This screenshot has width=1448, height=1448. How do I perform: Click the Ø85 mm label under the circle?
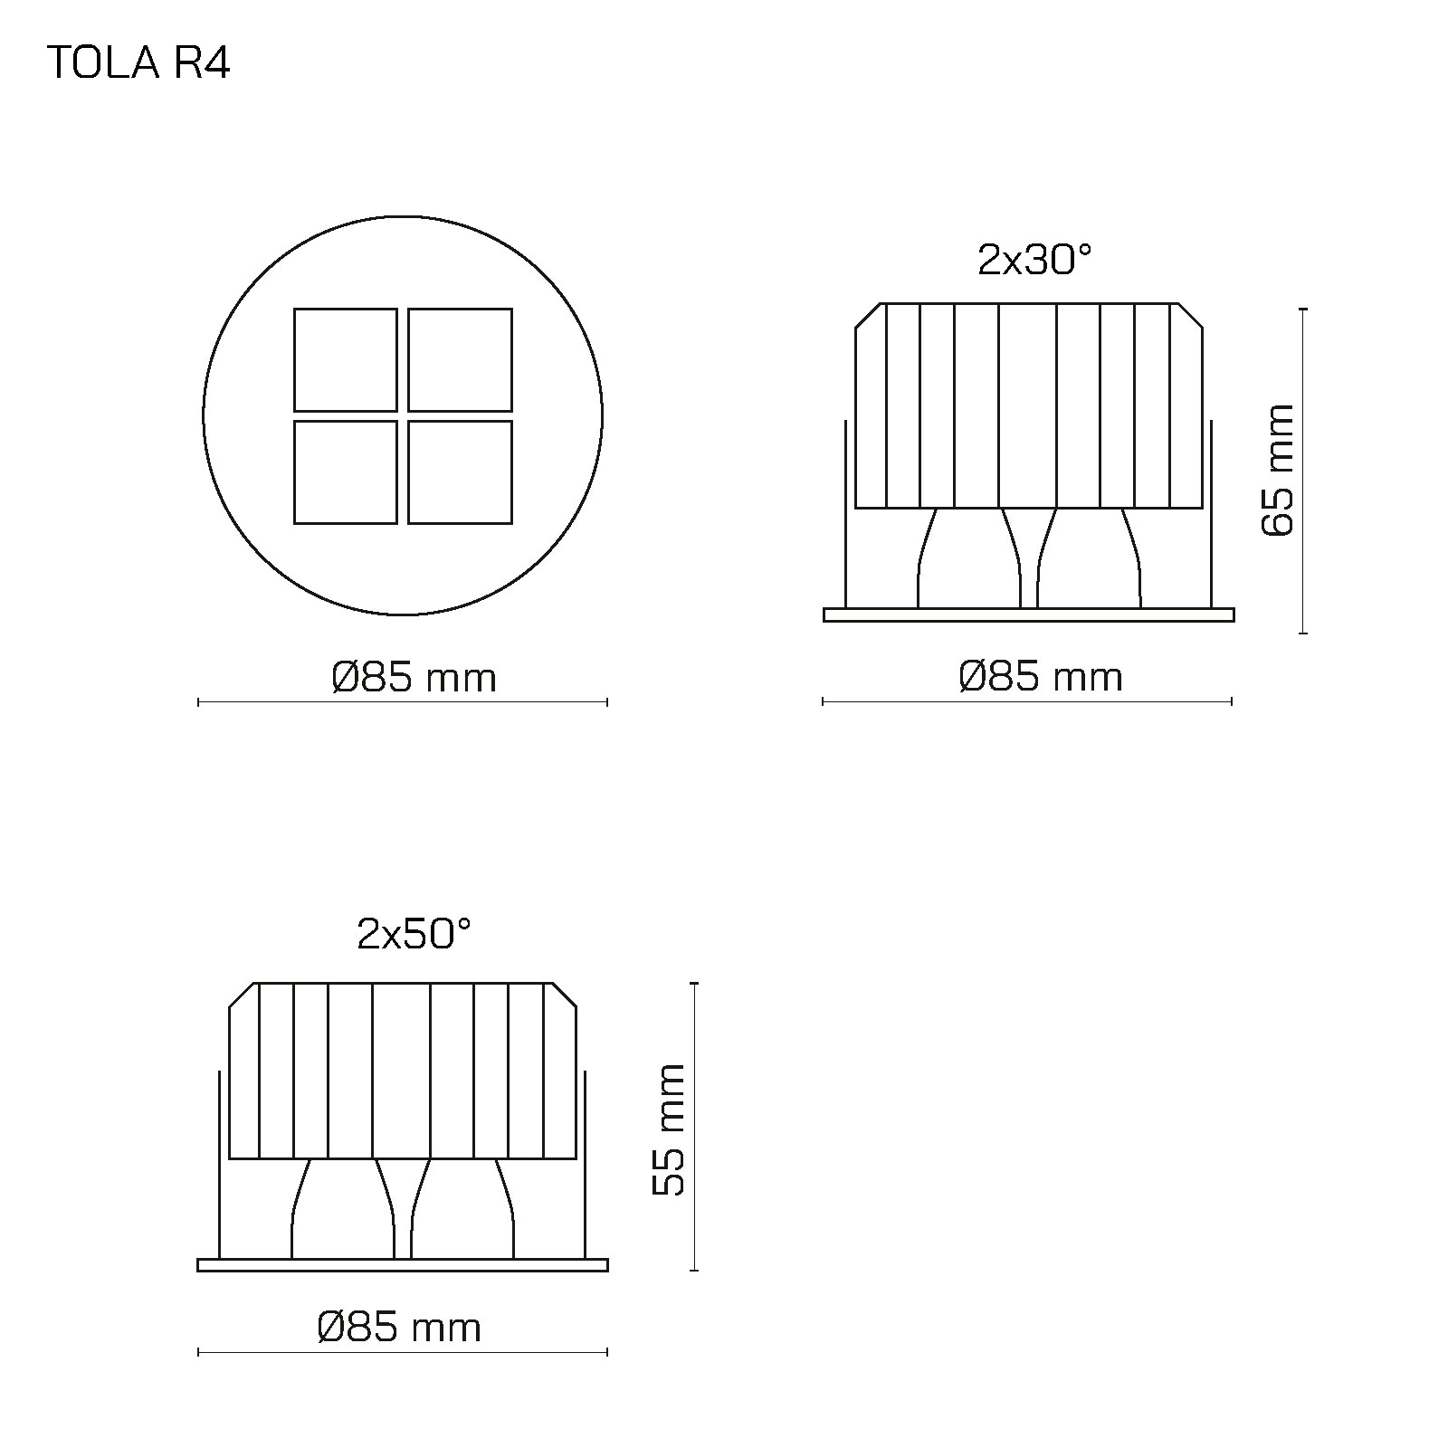pyautogui.click(x=414, y=678)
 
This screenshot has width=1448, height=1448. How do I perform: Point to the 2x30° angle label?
pyautogui.click(x=1034, y=262)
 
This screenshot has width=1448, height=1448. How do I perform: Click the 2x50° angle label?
pyautogui.click(x=414, y=934)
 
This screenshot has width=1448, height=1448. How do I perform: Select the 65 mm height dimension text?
pyautogui.click(x=1279, y=470)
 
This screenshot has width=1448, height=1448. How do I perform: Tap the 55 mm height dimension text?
pyautogui.click(x=670, y=1129)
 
